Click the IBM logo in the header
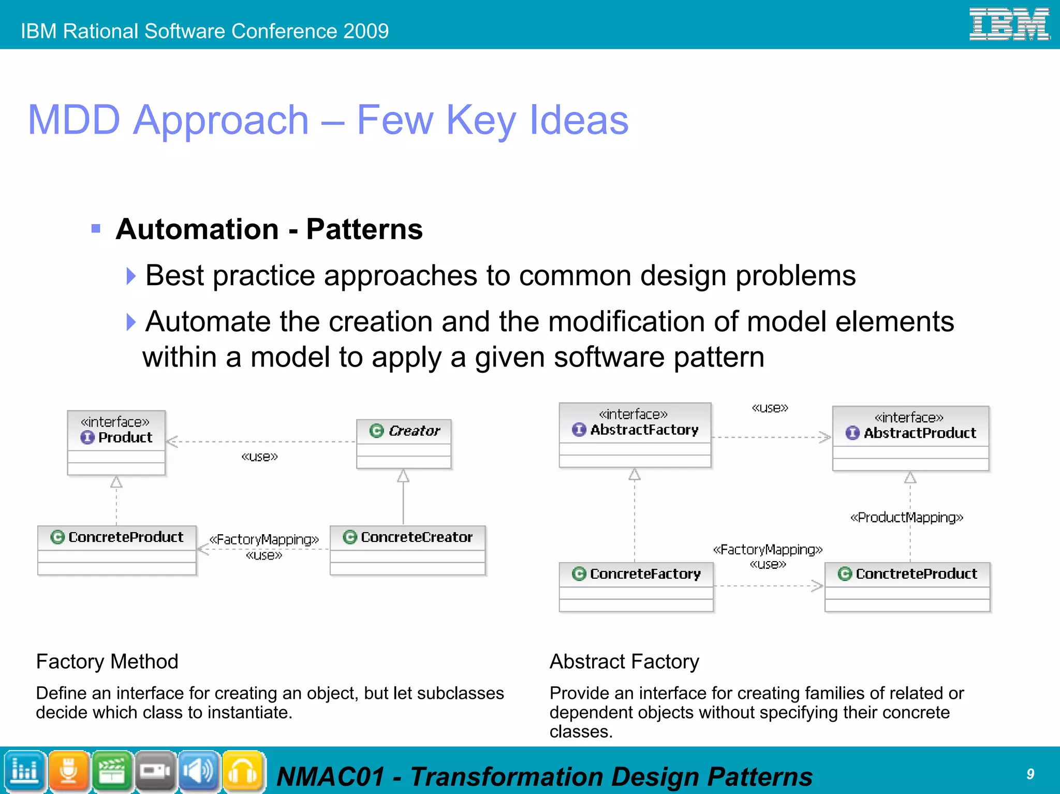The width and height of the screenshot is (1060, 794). point(1009,24)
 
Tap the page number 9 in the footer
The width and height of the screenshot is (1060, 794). point(1030,774)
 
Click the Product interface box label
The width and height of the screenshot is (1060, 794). point(125,437)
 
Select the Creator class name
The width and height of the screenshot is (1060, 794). point(414,431)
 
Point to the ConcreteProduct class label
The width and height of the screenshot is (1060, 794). point(126,537)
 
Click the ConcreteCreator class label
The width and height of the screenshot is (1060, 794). point(416,537)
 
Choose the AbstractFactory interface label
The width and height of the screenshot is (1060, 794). point(644,430)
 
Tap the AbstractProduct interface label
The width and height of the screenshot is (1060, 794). point(919,433)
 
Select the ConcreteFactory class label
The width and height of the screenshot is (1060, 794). point(645,574)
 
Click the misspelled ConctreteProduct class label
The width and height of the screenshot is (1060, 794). point(916,574)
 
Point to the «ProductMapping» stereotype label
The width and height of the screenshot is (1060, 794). point(906,518)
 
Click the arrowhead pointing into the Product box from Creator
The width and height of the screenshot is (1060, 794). point(172,442)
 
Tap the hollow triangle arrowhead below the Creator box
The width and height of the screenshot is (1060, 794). point(403,476)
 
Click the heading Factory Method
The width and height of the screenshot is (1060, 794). point(107,661)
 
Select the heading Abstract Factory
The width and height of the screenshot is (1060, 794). point(624,661)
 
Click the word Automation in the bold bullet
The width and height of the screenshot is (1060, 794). point(197,229)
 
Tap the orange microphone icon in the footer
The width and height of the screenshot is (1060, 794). point(68,771)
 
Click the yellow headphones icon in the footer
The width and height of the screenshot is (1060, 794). point(243,771)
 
